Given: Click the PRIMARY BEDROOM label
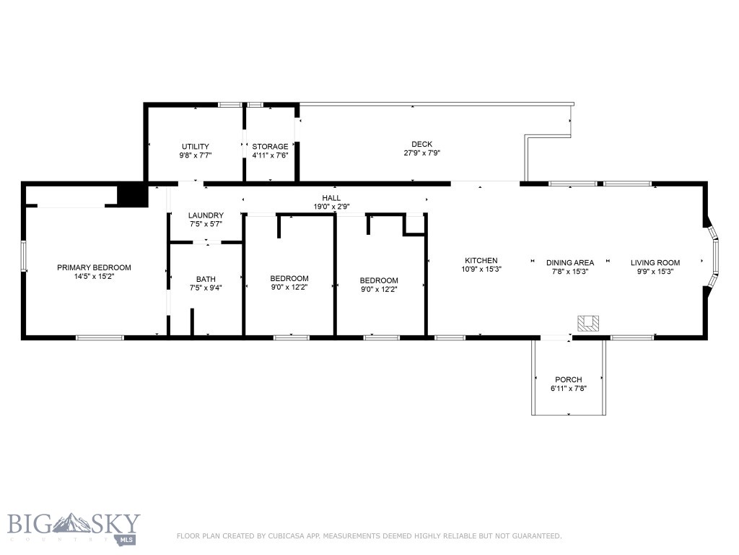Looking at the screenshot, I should [x=94, y=267].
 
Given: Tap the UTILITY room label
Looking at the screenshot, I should [x=195, y=147].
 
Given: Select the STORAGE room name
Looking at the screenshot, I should [x=270, y=147].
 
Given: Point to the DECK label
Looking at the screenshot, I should [x=421, y=145].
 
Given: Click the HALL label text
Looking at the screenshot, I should [x=331, y=198].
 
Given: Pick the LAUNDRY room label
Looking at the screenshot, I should [x=206, y=215].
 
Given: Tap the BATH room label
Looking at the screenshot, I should [x=206, y=280].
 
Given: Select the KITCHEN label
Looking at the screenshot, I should [x=481, y=261].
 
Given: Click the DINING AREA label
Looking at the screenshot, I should [x=569, y=263].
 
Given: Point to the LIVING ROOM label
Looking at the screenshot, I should [x=655, y=263].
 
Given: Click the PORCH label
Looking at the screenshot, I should [x=568, y=380].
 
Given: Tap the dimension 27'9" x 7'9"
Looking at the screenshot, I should [x=421, y=153].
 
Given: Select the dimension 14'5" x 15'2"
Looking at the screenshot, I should [x=94, y=276].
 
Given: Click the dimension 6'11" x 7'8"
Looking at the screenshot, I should [x=568, y=389].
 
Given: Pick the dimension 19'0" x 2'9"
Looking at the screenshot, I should [x=331, y=207].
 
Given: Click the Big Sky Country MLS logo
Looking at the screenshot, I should [x=74, y=528].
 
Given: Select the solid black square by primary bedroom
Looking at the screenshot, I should [x=131, y=196].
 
